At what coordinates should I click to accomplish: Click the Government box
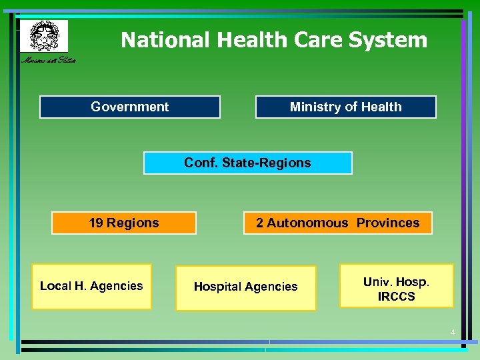pos(129,107)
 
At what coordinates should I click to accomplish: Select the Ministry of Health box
pos(345,107)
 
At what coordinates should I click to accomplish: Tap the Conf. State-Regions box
pos(247,163)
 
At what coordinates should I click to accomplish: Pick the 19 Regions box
pos(124,223)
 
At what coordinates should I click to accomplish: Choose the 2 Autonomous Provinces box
pos(337,223)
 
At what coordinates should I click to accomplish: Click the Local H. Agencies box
pos(91,287)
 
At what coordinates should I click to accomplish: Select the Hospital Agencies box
pos(245,287)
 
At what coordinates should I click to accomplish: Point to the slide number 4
pos(453,333)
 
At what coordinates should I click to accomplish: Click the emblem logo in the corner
pos(43,35)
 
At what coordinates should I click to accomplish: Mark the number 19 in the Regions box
pos(96,223)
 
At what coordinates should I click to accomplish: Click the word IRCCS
pos(396,297)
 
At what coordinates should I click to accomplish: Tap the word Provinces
pos(388,223)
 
